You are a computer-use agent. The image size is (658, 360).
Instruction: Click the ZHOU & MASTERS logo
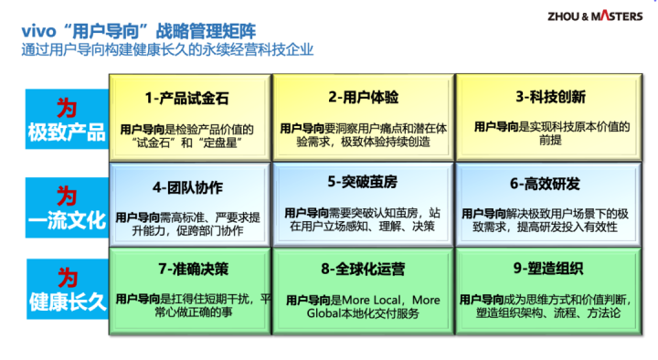click(595, 16)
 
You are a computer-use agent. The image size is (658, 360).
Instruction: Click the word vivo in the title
click(38, 31)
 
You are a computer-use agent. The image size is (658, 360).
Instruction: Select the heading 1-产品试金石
click(186, 98)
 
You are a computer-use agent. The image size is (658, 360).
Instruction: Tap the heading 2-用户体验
click(364, 98)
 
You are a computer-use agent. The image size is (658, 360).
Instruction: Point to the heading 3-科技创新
click(550, 97)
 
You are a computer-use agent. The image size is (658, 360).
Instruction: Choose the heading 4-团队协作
click(187, 187)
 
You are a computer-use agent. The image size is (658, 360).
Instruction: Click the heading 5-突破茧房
click(363, 182)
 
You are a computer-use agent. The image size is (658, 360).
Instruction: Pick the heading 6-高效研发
click(545, 184)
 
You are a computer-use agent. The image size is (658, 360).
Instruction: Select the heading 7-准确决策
click(194, 269)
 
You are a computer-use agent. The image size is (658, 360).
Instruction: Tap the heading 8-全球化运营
click(363, 269)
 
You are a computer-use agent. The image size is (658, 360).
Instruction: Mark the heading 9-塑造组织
click(548, 269)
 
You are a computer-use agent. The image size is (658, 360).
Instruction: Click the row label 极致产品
click(67, 132)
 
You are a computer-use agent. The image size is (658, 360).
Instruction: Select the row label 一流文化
click(67, 220)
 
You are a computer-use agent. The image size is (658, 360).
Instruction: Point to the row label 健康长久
click(68, 302)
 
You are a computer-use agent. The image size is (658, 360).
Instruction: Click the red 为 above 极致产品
click(67, 108)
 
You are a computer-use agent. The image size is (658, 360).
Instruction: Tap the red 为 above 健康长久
click(68, 278)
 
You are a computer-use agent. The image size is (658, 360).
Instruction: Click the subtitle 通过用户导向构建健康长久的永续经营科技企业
click(167, 49)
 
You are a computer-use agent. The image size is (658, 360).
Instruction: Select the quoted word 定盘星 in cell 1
click(221, 143)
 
